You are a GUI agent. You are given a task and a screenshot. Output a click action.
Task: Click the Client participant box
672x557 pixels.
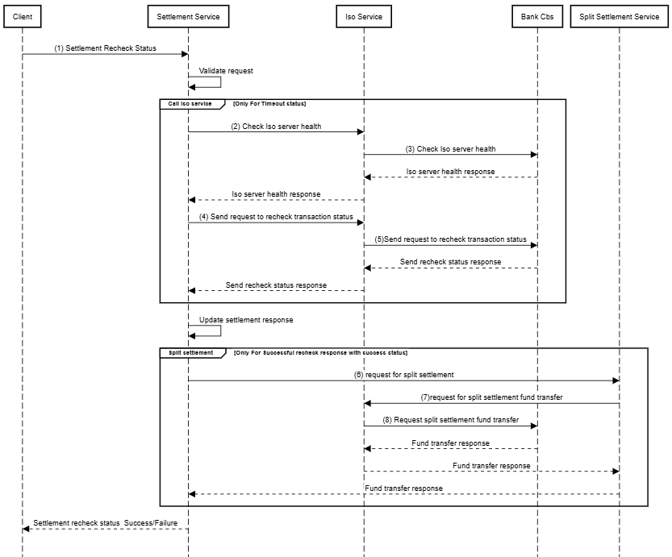23,16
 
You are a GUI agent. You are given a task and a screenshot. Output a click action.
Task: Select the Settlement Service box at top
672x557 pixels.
188,16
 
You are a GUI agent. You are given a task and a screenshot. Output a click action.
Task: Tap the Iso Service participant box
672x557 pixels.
363,16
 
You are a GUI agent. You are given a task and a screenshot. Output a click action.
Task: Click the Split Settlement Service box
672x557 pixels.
620,16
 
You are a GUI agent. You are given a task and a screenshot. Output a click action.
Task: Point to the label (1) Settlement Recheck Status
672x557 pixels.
105,48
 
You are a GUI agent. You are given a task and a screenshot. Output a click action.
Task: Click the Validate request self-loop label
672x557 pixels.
226,71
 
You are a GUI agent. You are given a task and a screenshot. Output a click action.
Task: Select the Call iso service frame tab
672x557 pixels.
190,104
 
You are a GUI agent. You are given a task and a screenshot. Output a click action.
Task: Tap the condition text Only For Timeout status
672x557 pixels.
269,104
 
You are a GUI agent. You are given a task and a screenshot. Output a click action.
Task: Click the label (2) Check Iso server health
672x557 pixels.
276,127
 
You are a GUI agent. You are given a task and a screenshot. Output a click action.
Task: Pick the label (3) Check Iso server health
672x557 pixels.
450,149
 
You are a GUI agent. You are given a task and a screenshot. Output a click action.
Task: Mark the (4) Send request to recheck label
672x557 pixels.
276,217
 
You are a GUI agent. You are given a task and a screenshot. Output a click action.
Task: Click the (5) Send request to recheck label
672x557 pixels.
455,239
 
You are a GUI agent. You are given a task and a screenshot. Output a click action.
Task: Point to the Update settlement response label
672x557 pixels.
246,320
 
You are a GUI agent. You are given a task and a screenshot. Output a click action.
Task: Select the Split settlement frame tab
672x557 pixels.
191,353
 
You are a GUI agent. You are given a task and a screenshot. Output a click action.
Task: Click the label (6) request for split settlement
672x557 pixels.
403,375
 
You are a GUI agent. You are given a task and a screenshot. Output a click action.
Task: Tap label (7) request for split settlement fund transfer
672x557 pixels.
491,397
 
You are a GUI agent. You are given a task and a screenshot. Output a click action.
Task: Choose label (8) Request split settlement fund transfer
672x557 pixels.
450,420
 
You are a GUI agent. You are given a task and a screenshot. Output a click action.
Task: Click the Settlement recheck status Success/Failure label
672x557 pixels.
105,523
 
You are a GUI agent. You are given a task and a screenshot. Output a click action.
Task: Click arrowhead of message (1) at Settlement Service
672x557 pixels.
185,54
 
